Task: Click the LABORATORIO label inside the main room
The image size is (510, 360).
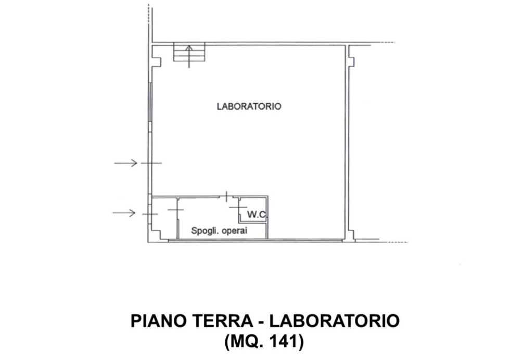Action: (249, 106)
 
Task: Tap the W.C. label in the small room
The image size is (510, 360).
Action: (257, 214)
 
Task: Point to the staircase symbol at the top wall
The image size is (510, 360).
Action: (189, 52)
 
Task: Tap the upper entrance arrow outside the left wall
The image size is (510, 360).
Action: (126, 163)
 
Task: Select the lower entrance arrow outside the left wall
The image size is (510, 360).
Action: (124, 213)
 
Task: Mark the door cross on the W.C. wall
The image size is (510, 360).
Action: (238, 207)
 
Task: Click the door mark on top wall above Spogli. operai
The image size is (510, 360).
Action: (227, 197)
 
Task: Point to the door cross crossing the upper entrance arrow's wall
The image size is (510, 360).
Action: (150, 163)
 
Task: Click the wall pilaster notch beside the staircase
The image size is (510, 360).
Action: (158, 61)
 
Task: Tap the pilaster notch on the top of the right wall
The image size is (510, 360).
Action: (352, 61)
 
